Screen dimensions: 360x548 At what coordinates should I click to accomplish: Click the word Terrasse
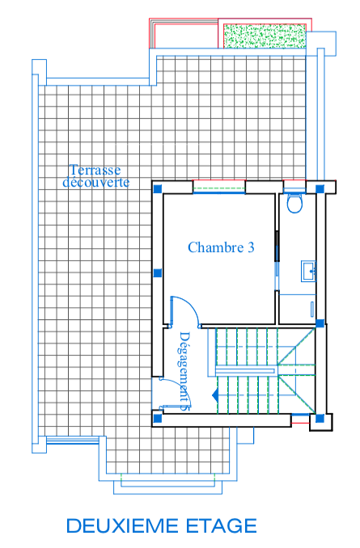[x=95, y=170]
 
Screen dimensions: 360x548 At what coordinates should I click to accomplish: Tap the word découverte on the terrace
[x=95, y=182]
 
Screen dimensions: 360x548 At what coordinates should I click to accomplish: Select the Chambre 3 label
[x=221, y=247]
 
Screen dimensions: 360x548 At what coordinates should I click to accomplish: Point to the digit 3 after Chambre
[x=251, y=247]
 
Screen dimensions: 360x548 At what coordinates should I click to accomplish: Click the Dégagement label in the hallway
[x=185, y=371]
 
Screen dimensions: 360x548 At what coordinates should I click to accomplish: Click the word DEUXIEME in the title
[x=122, y=526]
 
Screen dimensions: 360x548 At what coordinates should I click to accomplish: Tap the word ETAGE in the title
[x=222, y=526]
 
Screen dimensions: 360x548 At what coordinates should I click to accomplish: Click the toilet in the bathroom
[x=294, y=203]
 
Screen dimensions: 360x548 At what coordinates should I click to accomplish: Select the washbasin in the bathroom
[x=308, y=271]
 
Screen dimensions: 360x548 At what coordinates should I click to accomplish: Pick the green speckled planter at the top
[x=265, y=36]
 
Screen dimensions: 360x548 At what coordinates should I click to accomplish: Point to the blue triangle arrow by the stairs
[x=215, y=395]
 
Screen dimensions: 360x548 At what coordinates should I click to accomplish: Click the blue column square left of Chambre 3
[x=158, y=272]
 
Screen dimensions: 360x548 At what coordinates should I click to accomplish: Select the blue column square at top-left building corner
[x=158, y=188]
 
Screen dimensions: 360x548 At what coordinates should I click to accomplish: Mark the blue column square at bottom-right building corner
[x=320, y=418]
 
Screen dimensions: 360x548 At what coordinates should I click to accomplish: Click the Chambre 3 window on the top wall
[x=219, y=187]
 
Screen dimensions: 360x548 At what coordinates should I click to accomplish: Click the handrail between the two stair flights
[x=244, y=370]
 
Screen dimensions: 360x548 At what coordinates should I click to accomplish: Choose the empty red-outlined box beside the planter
[x=184, y=33]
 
